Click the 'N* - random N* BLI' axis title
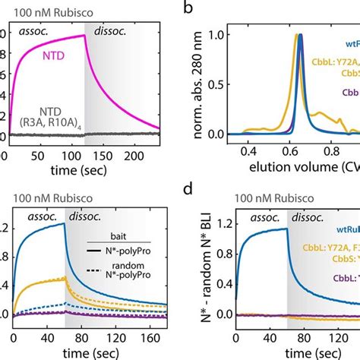click(200, 273)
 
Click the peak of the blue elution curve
click(300, 34)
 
